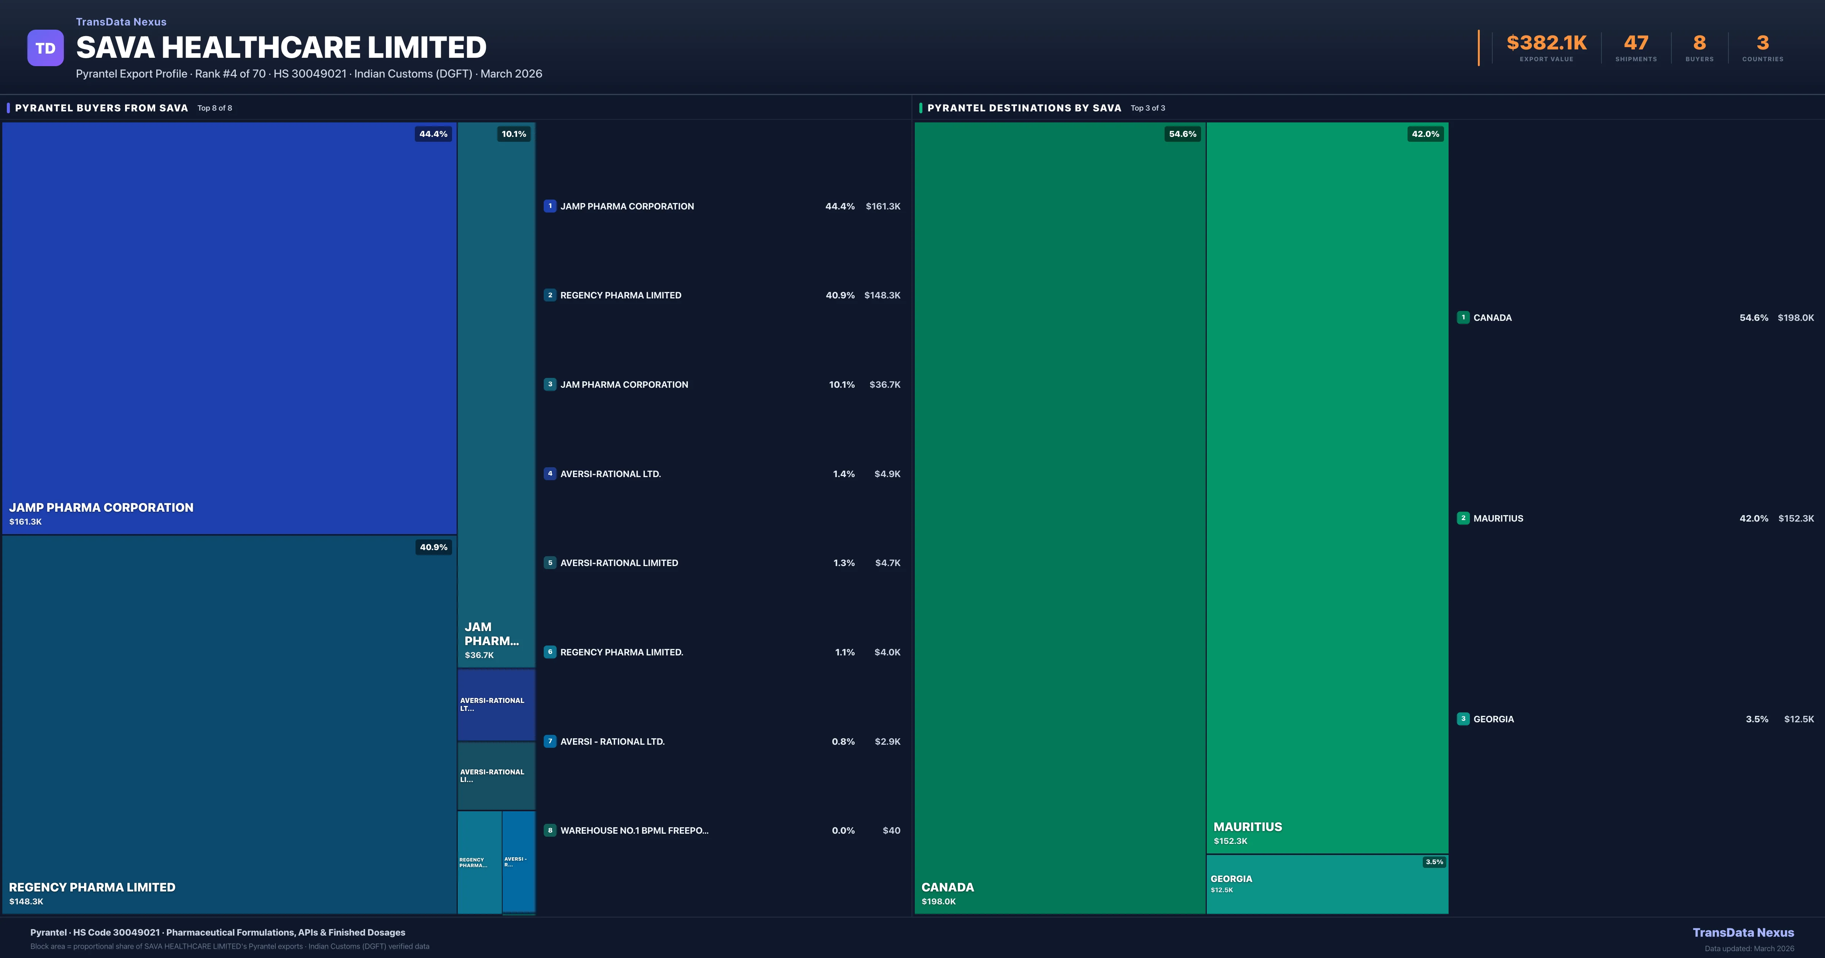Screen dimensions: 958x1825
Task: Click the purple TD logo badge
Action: coord(45,48)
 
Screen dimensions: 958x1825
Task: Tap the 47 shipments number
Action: coord(1636,43)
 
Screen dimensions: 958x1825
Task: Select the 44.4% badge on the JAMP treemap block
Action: coord(433,134)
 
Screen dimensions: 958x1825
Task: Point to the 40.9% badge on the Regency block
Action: coord(433,547)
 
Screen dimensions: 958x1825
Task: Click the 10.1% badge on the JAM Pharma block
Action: coord(514,134)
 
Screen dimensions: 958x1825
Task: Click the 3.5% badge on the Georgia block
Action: coord(1434,862)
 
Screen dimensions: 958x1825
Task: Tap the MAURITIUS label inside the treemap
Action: coord(1247,827)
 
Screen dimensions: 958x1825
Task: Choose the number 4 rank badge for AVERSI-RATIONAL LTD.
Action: coord(550,473)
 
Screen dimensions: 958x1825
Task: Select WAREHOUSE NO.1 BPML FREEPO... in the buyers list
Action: coord(634,830)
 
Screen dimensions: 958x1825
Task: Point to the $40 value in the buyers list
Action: coord(891,830)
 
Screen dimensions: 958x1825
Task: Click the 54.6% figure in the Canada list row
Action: coord(1754,317)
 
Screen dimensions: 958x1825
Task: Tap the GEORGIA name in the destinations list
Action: coord(1493,719)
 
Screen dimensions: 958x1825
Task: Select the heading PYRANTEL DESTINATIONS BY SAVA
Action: coord(1024,108)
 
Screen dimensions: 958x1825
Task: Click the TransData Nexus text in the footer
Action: coord(1743,933)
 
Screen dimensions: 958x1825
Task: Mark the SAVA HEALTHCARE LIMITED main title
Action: coord(281,48)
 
